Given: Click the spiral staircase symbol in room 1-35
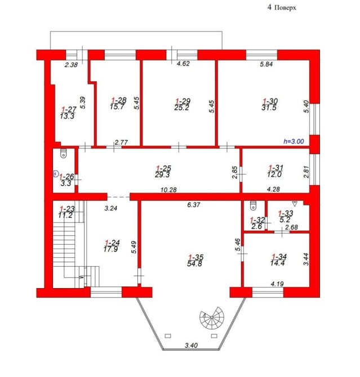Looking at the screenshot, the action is [x=212, y=317].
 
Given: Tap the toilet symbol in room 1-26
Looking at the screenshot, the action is [x=63, y=153].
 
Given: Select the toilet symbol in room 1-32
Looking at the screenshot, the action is [x=253, y=205].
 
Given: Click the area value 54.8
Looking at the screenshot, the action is [x=194, y=264].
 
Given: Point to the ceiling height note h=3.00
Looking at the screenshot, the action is [x=294, y=141].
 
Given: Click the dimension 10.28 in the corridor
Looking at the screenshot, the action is [x=168, y=190].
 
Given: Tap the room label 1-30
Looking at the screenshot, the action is [x=270, y=101].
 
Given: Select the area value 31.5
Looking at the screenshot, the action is [x=269, y=107].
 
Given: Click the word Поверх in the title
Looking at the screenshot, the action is [x=285, y=8].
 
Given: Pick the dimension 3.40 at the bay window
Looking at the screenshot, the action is [x=191, y=345].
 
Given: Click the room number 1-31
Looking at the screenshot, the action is [x=276, y=168].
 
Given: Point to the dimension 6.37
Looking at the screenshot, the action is [x=194, y=205].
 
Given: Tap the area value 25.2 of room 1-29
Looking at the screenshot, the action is [x=181, y=107].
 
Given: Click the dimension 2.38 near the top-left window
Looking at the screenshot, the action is [x=72, y=65].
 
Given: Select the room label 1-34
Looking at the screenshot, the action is [x=279, y=257].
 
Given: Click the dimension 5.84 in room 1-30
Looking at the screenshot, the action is [x=266, y=64].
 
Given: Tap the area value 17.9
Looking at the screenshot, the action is [x=111, y=249].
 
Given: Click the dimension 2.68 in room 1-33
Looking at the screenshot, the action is [x=292, y=227].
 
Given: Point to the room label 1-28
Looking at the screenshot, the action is [x=119, y=100].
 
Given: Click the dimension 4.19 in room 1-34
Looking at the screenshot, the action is [x=277, y=284].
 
